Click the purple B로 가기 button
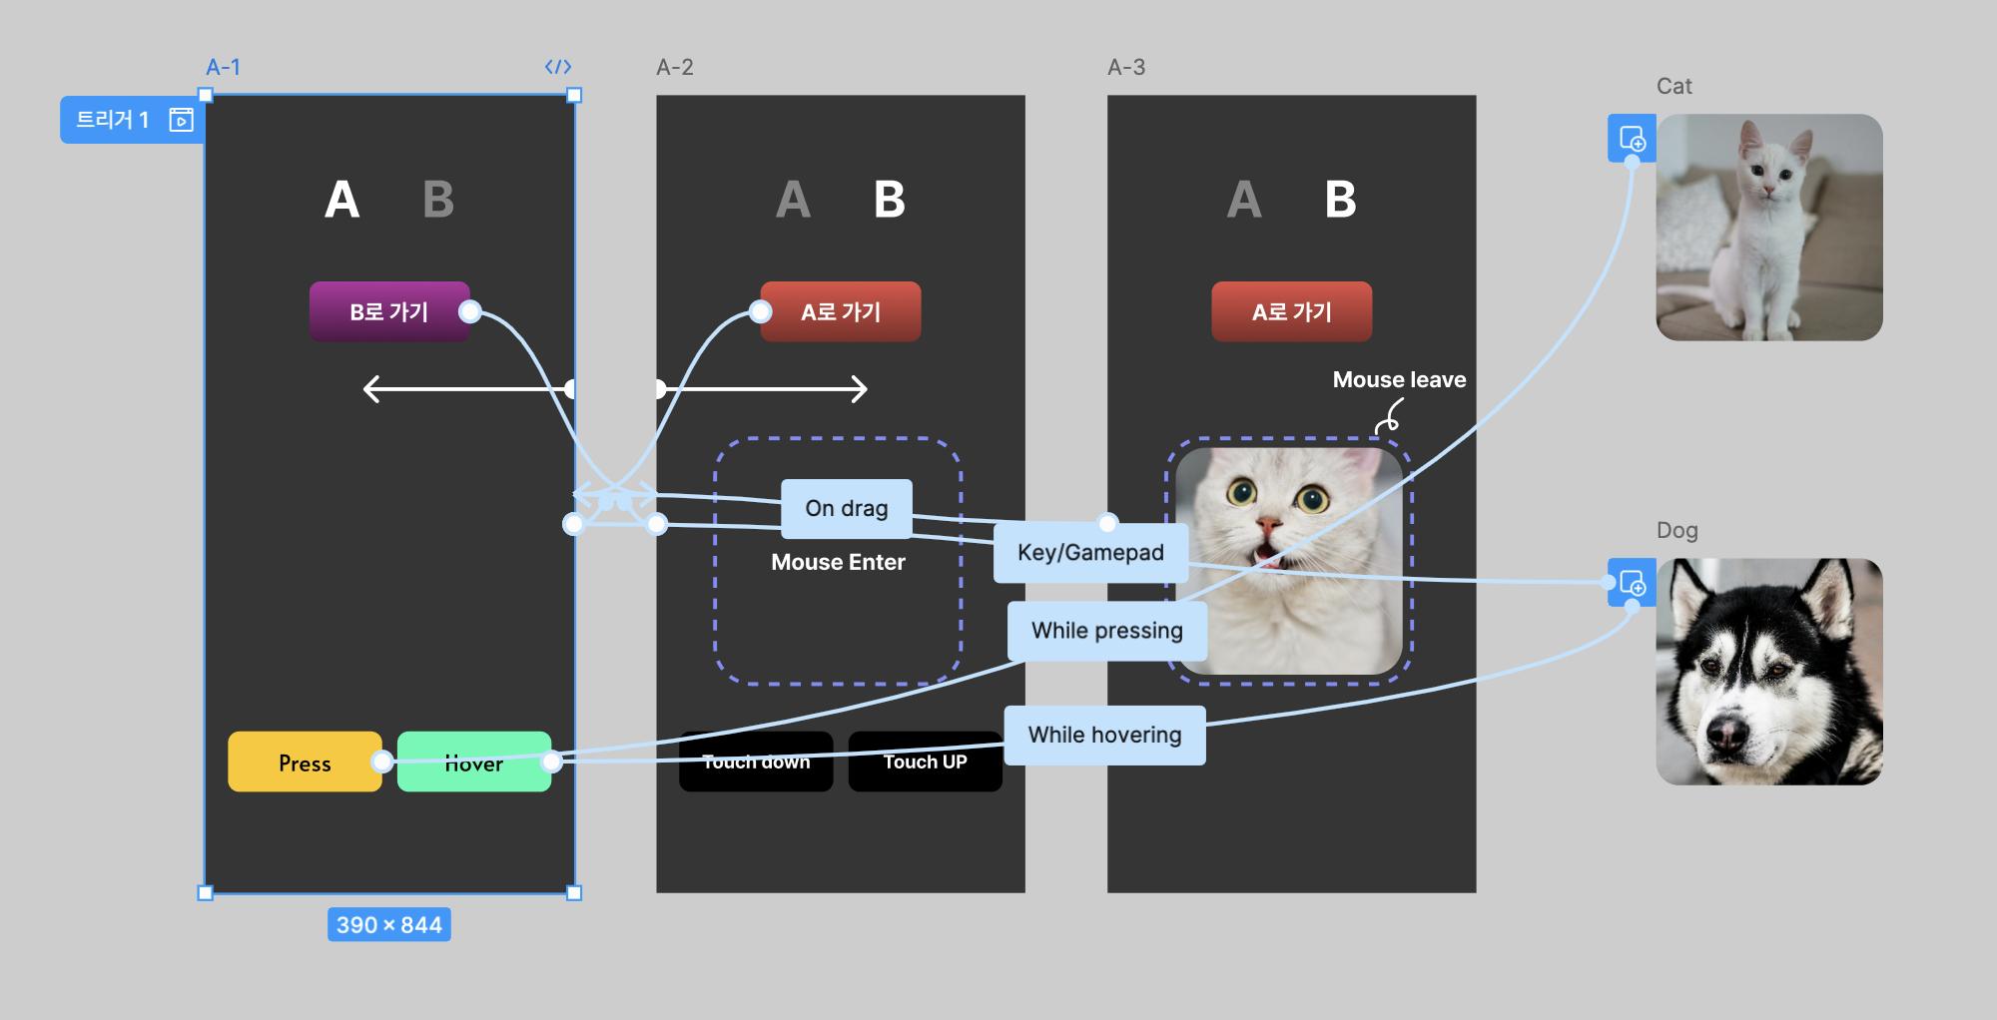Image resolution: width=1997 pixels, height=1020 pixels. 388,312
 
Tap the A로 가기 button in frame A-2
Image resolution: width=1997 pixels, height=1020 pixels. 841,312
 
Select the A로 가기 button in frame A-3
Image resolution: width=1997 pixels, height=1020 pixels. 1291,312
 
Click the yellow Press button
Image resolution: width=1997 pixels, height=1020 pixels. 304,763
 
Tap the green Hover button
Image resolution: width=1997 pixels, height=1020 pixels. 473,764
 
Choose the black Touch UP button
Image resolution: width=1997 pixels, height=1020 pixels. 925,763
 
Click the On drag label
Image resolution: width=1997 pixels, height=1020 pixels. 846,508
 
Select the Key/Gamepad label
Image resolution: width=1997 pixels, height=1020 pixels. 1090,552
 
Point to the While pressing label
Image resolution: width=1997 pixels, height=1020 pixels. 1106,631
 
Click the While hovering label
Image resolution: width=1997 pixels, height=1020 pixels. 1104,736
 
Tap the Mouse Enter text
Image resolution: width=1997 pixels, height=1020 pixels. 838,563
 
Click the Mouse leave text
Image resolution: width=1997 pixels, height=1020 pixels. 1399,380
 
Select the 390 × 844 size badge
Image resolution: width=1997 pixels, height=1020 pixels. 388,925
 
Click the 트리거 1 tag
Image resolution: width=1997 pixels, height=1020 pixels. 113,121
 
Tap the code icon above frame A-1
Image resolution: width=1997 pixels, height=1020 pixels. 558,67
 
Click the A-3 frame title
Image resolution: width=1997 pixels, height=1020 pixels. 1126,67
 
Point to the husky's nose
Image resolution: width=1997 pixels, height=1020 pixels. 1726,734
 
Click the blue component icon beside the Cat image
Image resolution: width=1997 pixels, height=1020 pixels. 1632,138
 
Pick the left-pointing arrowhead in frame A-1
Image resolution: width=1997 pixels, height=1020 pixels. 371,388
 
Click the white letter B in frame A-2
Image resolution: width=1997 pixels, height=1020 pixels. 889,200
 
